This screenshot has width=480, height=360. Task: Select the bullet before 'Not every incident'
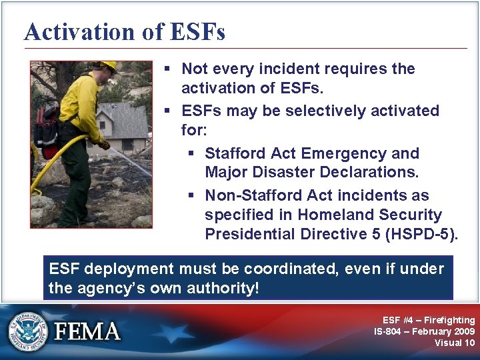[168, 69]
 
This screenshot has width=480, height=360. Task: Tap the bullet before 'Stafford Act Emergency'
[191, 154]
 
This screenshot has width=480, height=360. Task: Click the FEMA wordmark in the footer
[87, 331]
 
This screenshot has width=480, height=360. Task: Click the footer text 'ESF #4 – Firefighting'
[429, 321]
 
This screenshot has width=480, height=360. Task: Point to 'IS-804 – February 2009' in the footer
[424, 331]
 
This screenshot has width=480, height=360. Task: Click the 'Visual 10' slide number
[455, 343]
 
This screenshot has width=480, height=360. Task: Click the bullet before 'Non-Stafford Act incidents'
[191, 196]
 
